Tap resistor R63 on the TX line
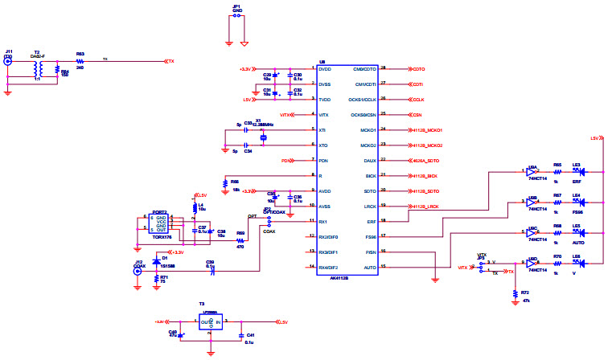(80, 61)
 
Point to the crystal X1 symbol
(263, 137)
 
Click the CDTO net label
(418, 69)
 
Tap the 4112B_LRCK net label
(425, 207)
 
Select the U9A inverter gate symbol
(532, 171)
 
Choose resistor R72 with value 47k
(516, 294)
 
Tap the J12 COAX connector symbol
(138, 272)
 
